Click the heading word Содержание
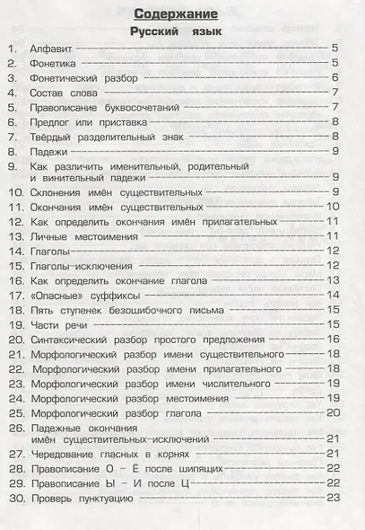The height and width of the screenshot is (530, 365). [183, 13]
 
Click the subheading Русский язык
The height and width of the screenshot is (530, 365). [183, 31]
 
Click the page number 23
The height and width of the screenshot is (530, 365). [334, 498]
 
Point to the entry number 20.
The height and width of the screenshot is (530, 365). [15, 339]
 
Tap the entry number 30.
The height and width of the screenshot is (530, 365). [15, 498]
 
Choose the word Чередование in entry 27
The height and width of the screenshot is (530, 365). [70, 454]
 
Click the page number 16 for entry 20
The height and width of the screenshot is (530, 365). [334, 339]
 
